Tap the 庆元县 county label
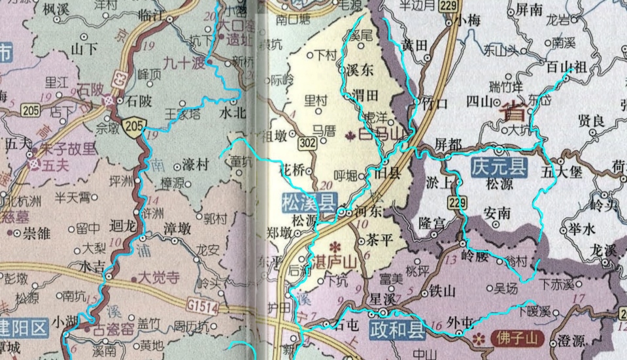tap(498, 167)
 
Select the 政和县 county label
tap(396, 329)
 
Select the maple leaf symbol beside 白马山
tap(347, 135)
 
